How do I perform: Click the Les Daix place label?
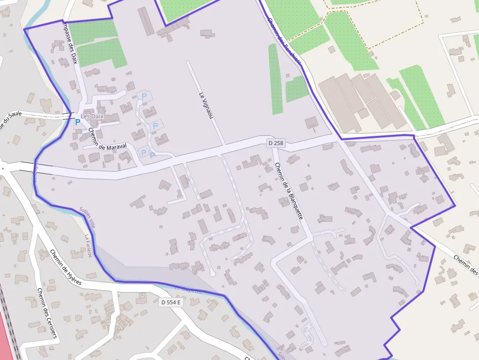[92, 116]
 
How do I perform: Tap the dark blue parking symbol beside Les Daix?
[77, 122]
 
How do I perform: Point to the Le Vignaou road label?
[206, 105]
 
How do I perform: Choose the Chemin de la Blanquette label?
[289, 191]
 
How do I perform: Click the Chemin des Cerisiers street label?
[47, 313]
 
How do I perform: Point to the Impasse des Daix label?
[69, 44]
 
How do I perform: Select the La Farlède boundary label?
[87, 246]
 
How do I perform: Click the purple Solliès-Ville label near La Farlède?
[87, 217]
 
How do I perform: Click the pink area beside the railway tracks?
[4, 337]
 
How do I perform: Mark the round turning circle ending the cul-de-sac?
[213, 274]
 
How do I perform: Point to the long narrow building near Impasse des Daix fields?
[146, 21]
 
